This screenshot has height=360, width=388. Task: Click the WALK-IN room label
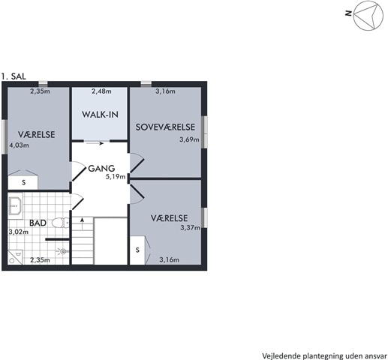pyautogui.click(x=100, y=115)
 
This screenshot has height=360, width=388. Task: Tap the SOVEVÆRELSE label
pyautogui.click(x=165, y=127)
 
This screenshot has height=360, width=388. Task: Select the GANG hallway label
pyautogui.click(x=101, y=169)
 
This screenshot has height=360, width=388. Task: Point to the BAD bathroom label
pyautogui.click(x=38, y=223)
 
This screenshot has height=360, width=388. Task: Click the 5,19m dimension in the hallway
pyautogui.click(x=116, y=177)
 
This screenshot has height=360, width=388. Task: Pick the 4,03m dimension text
pyautogui.click(x=19, y=145)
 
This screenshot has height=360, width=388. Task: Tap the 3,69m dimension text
pyautogui.click(x=189, y=139)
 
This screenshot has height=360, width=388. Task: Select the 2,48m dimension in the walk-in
pyautogui.click(x=101, y=91)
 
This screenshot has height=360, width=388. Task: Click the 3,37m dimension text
pyautogui.click(x=190, y=227)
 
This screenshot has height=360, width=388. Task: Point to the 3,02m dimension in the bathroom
pyautogui.click(x=19, y=232)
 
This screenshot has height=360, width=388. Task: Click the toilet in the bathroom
pyautogui.click(x=60, y=223)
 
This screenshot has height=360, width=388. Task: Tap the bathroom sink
pyautogui.click(x=15, y=205)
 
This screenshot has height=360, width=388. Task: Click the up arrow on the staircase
pyautogui.click(x=82, y=223)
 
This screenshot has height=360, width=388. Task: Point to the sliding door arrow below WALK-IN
pyautogui.click(x=94, y=143)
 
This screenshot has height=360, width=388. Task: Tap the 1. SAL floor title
pyautogui.click(x=14, y=76)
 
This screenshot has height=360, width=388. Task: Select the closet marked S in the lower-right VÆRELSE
pyautogui.click(x=137, y=250)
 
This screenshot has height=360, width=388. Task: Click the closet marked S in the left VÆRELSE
pyautogui.click(x=23, y=182)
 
